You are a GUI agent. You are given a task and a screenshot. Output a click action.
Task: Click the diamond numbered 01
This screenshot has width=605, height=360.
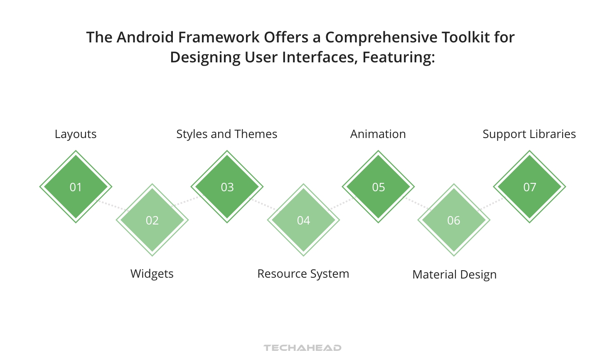76,187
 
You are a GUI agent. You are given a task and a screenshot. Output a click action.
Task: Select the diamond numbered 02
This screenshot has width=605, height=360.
152,220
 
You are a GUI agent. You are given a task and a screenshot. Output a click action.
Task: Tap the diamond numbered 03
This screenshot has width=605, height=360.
227,187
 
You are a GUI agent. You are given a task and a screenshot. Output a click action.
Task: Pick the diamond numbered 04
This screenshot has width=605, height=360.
303,220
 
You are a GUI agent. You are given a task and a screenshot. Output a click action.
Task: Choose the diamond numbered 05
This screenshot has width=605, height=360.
378,187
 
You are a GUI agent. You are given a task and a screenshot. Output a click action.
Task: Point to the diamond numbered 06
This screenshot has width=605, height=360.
454,220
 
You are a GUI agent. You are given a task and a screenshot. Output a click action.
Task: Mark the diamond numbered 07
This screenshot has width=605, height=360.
529,187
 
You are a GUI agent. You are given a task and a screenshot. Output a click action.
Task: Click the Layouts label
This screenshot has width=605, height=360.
76,134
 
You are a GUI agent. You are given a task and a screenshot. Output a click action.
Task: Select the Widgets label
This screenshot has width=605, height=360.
152,274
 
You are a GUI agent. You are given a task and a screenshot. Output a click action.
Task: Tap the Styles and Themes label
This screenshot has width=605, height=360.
227,134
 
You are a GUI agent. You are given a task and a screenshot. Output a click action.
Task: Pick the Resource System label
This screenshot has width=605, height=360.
303,274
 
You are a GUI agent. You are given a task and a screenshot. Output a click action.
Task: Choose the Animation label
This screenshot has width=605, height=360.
378,134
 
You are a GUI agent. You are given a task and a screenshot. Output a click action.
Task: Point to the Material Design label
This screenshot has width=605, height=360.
454,275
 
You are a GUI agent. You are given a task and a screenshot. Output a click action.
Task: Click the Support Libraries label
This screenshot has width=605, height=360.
529,134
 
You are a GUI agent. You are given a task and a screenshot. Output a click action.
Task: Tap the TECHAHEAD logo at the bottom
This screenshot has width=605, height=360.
302,348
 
